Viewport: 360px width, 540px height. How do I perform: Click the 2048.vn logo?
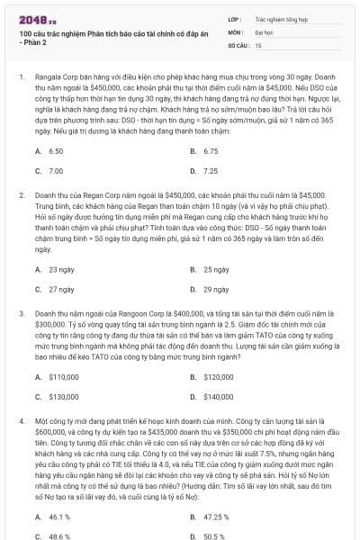coord(37,16)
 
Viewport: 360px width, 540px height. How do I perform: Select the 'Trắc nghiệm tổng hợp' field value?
coord(281,17)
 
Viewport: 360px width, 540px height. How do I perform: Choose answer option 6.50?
coord(56,151)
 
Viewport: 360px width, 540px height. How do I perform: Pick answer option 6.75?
coord(211,151)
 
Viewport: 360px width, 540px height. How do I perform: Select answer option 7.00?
coord(56,170)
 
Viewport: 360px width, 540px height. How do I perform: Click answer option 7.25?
coord(211,170)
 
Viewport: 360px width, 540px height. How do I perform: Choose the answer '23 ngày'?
coord(61,269)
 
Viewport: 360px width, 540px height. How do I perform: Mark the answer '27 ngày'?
coord(61,289)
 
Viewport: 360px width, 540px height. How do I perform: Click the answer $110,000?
coord(63,377)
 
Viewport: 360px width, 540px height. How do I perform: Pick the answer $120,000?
coord(219,377)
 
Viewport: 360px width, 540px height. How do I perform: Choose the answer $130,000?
coord(63,396)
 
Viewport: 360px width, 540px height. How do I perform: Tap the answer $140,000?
coord(219,396)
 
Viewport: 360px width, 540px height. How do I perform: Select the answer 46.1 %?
coord(59,517)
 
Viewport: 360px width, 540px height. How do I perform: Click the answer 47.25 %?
coord(217,517)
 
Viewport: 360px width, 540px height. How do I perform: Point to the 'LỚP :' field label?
coord(235,17)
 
